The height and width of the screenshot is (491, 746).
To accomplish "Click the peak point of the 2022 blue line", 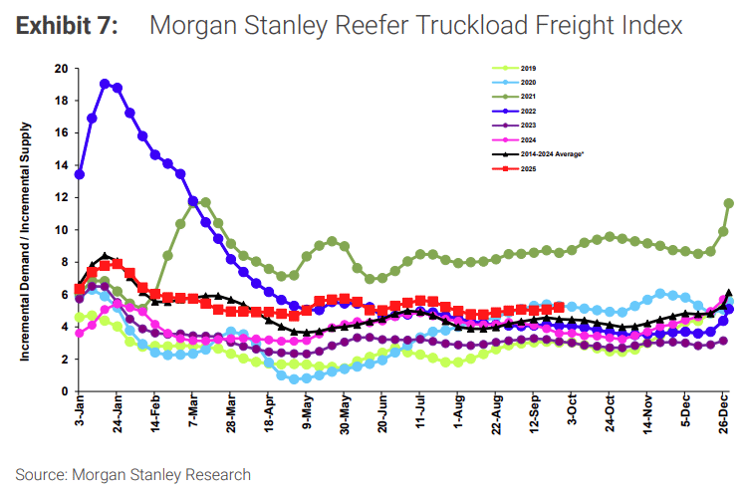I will [105, 84].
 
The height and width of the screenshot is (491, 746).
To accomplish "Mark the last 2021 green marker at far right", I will [728, 203].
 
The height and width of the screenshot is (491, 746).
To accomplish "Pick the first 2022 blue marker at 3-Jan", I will [80, 174].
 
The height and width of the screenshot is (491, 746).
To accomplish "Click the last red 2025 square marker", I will [559, 307].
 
